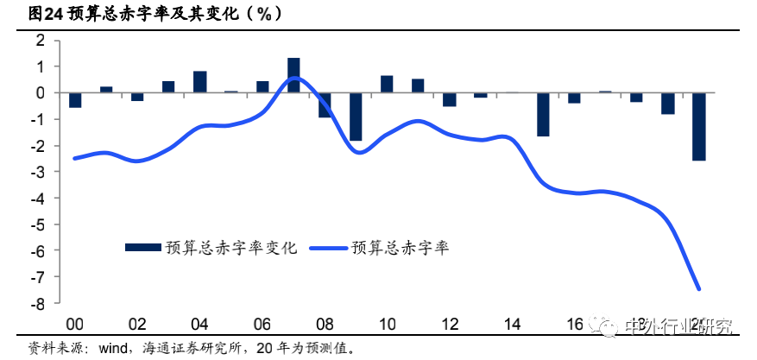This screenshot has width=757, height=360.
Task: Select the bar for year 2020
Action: (x=698, y=126)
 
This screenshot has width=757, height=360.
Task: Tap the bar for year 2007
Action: (x=293, y=75)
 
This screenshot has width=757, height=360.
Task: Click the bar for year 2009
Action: (x=356, y=116)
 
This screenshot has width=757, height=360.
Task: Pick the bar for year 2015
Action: (x=543, y=114)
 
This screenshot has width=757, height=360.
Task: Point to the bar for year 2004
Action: (x=200, y=82)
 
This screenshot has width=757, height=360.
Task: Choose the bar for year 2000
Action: (x=75, y=100)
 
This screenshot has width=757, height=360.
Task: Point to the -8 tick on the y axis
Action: (x=38, y=303)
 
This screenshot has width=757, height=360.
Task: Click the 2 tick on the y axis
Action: (x=40, y=40)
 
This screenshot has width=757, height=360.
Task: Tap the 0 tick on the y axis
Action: (x=40, y=92)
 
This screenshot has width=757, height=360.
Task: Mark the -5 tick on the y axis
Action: (x=38, y=224)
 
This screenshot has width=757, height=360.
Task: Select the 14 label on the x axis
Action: (x=511, y=325)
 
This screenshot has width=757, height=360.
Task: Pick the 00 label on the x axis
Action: (x=75, y=325)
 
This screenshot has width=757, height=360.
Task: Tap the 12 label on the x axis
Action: (x=449, y=325)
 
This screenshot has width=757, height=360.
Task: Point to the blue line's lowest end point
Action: (x=699, y=289)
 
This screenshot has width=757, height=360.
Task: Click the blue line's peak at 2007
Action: (x=293, y=78)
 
